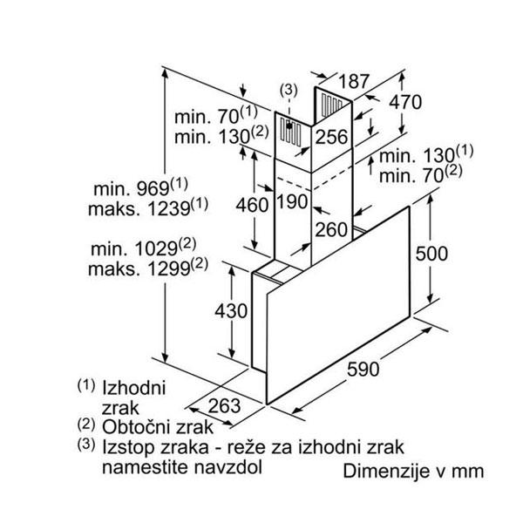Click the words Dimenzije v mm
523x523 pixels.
pyautogui.click(x=414, y=472)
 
